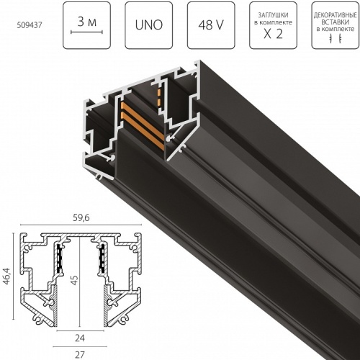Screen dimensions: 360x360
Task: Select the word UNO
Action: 149,25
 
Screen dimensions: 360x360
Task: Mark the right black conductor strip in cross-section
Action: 102,256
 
